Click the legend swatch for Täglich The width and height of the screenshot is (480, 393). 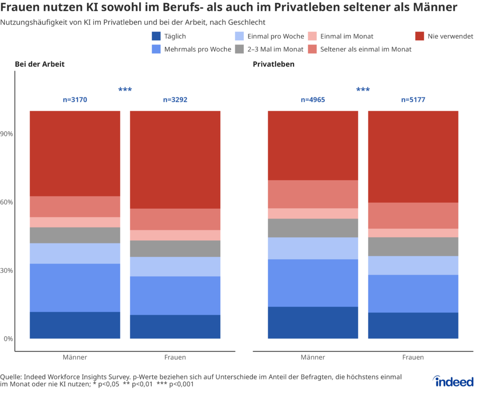pos(157,36)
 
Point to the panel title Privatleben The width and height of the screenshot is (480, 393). pos(274,64)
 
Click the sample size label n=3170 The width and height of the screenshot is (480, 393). pos(75,100)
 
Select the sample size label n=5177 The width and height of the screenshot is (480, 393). pos(413,100)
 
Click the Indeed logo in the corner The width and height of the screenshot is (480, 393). pos(454,381)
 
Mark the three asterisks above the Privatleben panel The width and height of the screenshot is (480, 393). pos(363,90)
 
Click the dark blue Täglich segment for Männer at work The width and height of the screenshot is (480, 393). pos(75,325)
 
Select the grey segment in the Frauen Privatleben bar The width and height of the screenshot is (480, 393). pos(413,246)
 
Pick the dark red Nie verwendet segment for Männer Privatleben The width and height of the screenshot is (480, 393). pos(313,145)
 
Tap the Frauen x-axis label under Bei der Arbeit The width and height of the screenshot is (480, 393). pos(175,357)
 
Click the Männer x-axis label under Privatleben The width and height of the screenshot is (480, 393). pos(313,357)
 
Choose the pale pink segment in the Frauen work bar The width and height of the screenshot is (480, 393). pos(175,235)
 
